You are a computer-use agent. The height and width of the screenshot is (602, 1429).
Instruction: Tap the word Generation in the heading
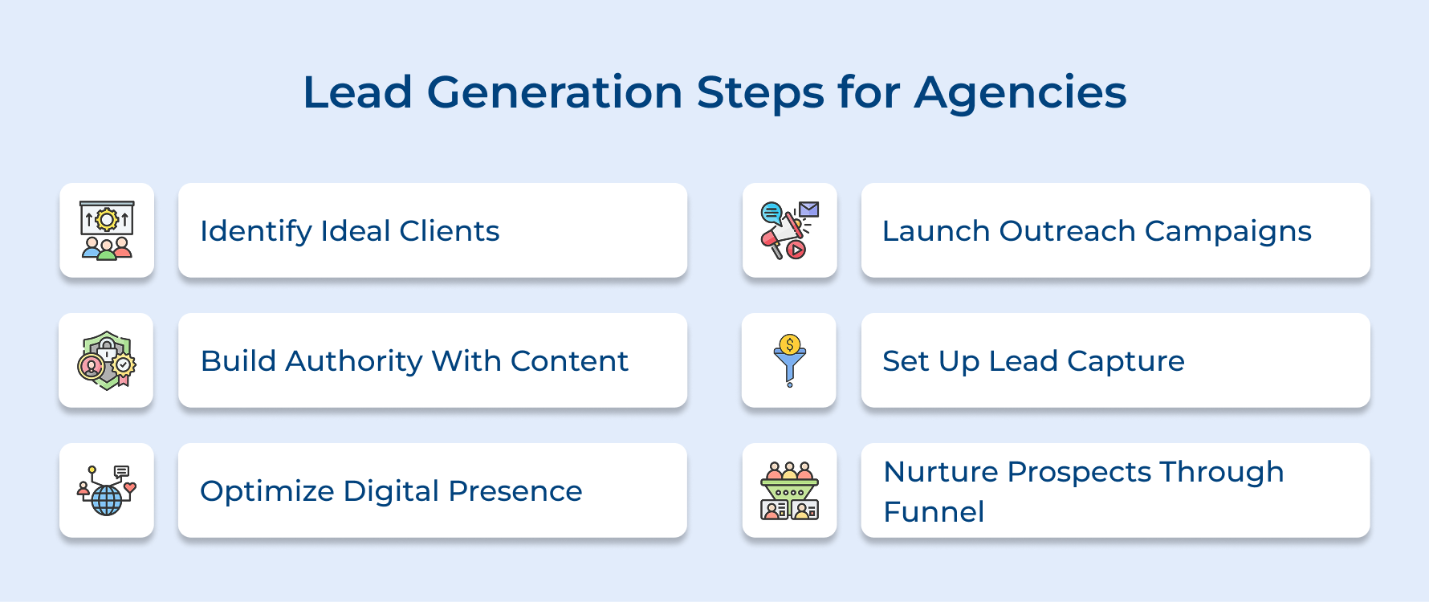click(x=554, y=92)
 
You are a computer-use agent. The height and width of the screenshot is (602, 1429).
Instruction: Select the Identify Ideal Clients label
click(x=349, y=231)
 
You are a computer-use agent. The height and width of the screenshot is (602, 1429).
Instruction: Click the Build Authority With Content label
click(x=414, y=361)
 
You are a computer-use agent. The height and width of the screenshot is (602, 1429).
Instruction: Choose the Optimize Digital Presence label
click(x=391, y=491)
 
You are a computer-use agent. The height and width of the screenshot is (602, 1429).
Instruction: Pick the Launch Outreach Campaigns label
click(x=1096, y=231)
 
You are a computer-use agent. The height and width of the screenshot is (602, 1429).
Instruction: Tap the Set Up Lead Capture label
click(x=1033, y=361)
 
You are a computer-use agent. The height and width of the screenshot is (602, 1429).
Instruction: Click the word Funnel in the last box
click(x=934, y=512)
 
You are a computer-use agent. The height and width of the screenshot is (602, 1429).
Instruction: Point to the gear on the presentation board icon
click(x=107, y=219)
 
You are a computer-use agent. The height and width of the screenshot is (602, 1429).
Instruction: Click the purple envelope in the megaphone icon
click(x=808, y=209)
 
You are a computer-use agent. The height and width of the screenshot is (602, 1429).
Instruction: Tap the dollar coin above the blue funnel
click(x=790, y=345)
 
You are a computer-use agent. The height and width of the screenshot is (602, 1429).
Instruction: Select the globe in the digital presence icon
click(x=107, y=501)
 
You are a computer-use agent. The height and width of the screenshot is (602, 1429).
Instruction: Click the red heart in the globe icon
click(x=129, y=486)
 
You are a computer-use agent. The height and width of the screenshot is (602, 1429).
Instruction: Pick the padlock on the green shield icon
click(x=107, y=349)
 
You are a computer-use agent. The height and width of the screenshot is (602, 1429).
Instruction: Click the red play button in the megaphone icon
click(x=796, y=250)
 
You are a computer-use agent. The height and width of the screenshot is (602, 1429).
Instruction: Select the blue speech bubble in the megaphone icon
click(x=771, y=213)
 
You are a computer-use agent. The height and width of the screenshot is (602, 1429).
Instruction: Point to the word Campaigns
click(x=1227, y=231)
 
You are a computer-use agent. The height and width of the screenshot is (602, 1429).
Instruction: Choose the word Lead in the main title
click(x=357, y=92)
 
